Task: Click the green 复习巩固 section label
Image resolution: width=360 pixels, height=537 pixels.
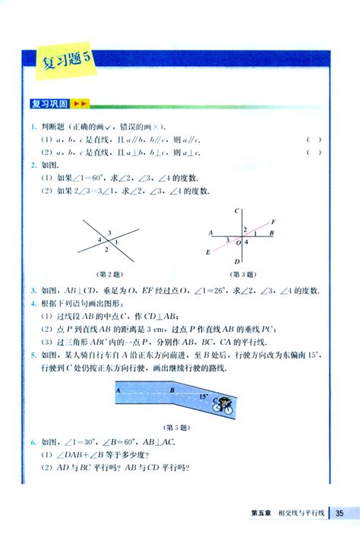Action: coord(49,103)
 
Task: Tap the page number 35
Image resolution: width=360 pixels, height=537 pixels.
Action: coord(341,513)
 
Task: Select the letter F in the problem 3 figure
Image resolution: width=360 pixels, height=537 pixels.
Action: coord(273,222)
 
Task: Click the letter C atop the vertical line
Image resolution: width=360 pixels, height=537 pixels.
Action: coord(238,211)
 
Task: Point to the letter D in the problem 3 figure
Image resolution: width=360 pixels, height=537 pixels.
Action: coord(238,262)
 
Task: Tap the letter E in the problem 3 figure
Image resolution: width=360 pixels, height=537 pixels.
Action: coord(208,251)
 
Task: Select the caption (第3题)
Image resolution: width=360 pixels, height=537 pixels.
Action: coord(242,273)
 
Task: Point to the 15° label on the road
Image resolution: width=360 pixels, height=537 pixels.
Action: coord(204,396)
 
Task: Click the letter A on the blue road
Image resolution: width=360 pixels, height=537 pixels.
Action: coord(118,390)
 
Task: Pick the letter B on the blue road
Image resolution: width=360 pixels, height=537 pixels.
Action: coord(172,390)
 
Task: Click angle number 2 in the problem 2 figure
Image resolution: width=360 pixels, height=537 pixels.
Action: coord(106,248)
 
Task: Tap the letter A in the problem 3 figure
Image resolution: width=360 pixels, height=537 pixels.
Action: coord(208,232)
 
